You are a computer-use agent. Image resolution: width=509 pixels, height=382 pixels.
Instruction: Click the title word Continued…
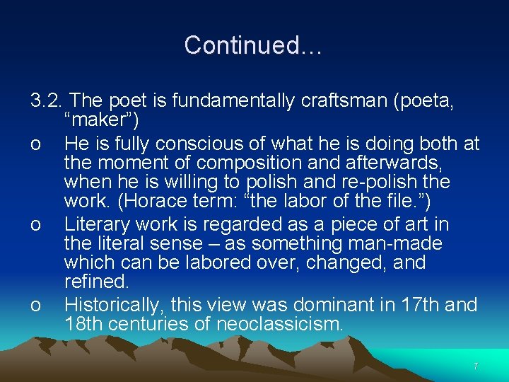point(253,45)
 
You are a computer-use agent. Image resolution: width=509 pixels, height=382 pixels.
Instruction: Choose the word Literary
point(97,224)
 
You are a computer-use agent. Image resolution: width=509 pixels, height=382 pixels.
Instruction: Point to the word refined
point(95,282)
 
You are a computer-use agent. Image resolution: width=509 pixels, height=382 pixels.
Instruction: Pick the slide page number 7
point(476,366)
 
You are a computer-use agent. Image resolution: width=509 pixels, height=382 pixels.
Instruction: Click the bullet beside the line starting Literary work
point(35,226)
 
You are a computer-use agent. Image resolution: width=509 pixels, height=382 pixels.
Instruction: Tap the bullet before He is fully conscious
point(35,145)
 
